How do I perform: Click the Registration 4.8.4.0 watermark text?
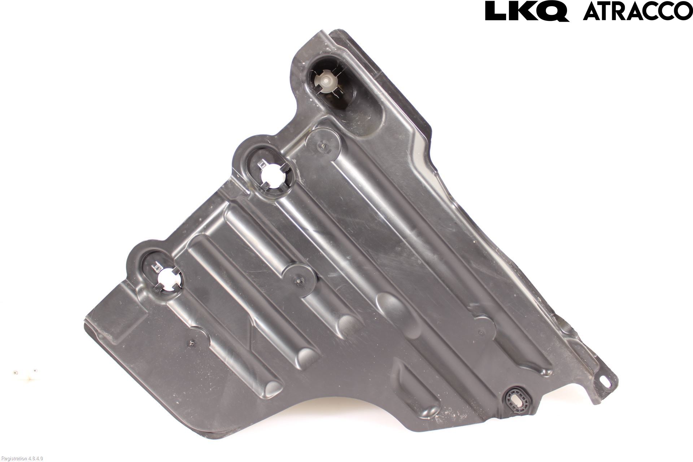tap(22, 458)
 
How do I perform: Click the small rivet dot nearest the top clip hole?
tap(323, 146)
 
